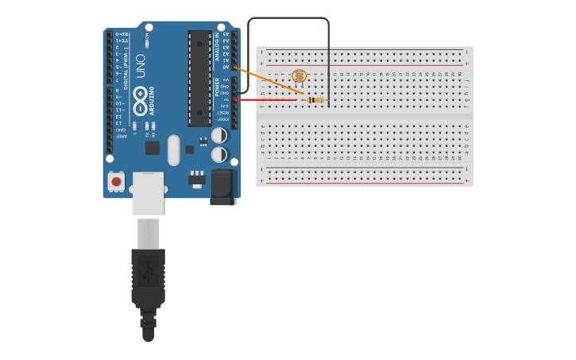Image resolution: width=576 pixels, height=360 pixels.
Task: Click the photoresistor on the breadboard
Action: click(x=299, y=76)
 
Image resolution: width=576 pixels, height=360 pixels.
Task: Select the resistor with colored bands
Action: click(x=315, y=100)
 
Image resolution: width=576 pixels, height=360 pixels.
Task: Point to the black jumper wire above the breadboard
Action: click(x=288, y=18)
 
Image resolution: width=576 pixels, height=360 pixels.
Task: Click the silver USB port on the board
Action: click(x=148, y=193)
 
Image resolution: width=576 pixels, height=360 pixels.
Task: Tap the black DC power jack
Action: click(x=223, y=188)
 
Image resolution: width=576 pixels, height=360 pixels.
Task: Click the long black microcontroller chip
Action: click(x=199, y=78)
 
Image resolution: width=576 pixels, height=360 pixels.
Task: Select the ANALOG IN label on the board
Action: click(x=217, y=46)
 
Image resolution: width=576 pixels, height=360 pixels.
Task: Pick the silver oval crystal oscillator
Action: click(x=174, y=149)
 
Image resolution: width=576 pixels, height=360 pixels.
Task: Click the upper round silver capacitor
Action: click(x=219, y=136)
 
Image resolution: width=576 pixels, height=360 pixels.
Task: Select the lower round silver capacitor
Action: click(x=219, y=154)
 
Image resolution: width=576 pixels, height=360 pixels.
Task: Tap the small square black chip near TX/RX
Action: click(x=153, y=148)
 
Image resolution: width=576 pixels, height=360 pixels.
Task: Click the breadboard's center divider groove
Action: click(x=364, y=117)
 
